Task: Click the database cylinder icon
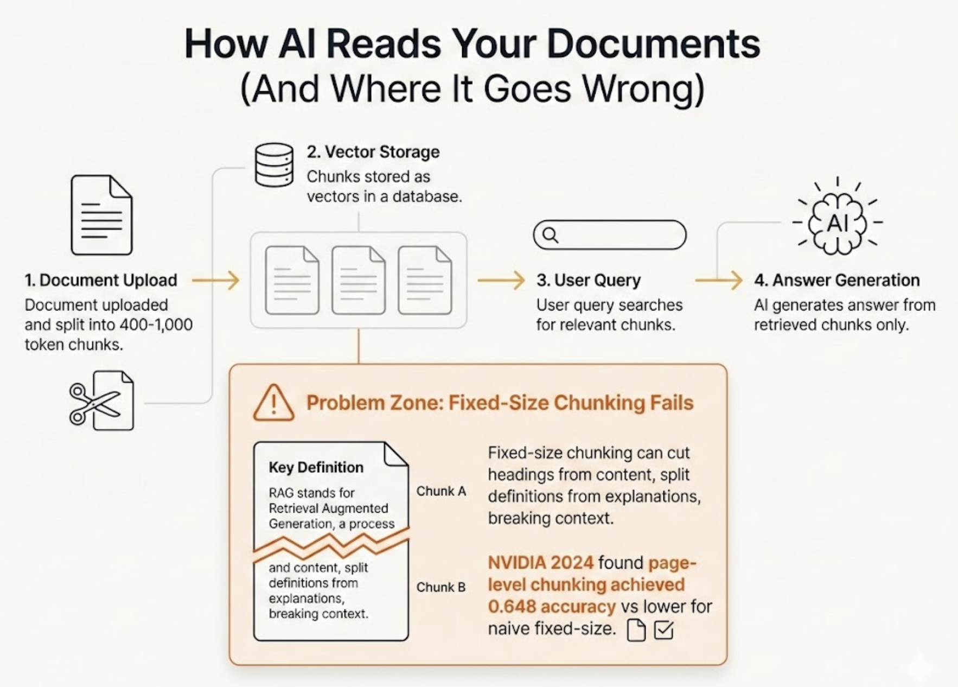(x=274, y=165)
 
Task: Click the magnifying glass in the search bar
(x=550, y=235)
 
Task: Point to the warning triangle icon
(x=273, y=403)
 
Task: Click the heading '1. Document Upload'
(x=101, y=280)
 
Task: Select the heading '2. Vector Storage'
(x=373, y=152)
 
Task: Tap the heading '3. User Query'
(x=589, y=280)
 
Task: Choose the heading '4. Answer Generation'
(x=836, y=280)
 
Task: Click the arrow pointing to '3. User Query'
(x=501, y=280)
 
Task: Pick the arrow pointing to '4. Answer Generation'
(x=718, y=280)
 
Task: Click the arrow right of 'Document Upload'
(x=215, y=280)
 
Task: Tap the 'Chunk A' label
(x=441, y=491)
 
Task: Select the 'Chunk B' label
(x=441, y=587)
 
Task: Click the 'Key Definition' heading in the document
(x=316, y=467)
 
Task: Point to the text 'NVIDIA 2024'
(x=540, y=563)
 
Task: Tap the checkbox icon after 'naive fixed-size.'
(x=663, y=630)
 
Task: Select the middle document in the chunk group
(x=358, y=280)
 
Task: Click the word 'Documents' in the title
(x=653, y=43)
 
